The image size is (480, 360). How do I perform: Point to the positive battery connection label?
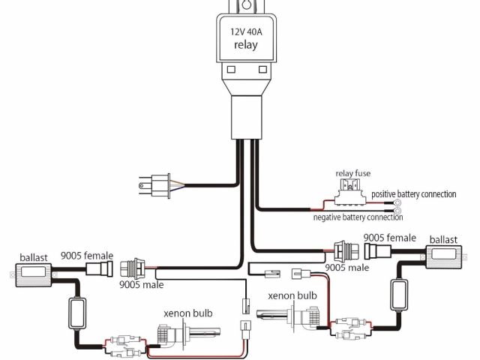point(413,194)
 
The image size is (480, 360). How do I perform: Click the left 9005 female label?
point(87,255)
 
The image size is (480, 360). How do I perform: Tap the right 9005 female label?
point(389,238)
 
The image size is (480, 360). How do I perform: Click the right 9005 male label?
point(347,267)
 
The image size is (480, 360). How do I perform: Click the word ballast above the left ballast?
point(34,256)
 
